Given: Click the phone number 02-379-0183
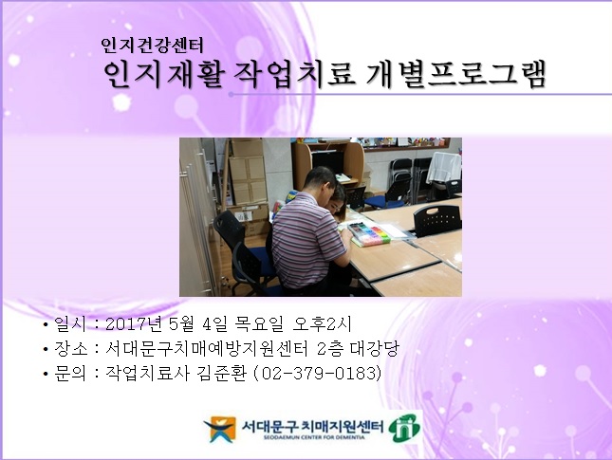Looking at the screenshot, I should coord(316,375).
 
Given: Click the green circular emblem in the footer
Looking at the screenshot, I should coord(405,429).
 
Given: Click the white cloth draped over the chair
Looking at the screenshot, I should coord(443,168).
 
